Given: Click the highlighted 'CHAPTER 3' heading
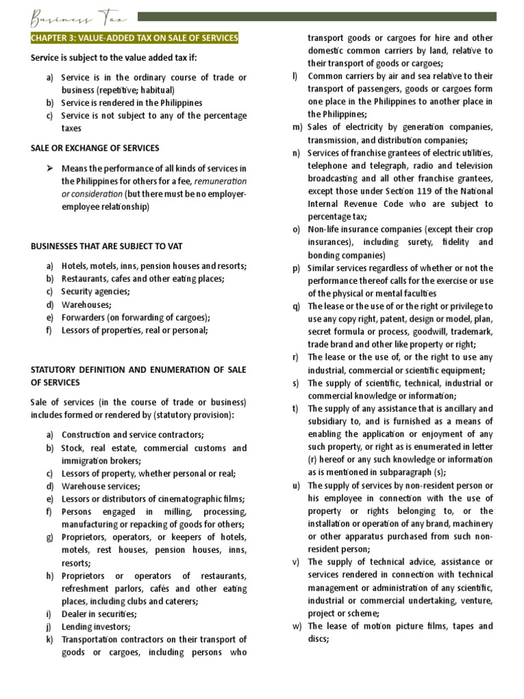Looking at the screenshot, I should tap(134, 38).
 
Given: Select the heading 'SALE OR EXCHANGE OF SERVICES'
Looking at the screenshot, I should tap(95, 148).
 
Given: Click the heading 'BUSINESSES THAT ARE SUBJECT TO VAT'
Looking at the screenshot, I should tap(106, 246).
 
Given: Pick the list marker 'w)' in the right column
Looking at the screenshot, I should tap(297, 626).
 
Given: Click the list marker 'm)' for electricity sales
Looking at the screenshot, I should tap(297, 127).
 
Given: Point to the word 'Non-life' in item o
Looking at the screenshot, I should tap(324, 229).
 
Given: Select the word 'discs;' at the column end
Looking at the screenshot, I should tap(319, 639).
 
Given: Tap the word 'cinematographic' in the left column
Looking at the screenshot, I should tap(177, 499).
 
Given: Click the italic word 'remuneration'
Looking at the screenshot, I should tap(221, 181).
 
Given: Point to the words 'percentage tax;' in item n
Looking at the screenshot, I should tap(337, 216).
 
